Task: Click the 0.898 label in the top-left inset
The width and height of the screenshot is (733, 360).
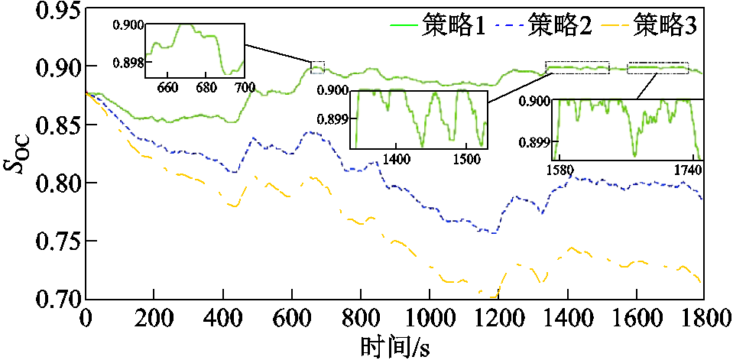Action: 128,62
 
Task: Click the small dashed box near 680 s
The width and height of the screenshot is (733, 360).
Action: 318,67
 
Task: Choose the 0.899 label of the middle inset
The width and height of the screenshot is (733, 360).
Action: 333,119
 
